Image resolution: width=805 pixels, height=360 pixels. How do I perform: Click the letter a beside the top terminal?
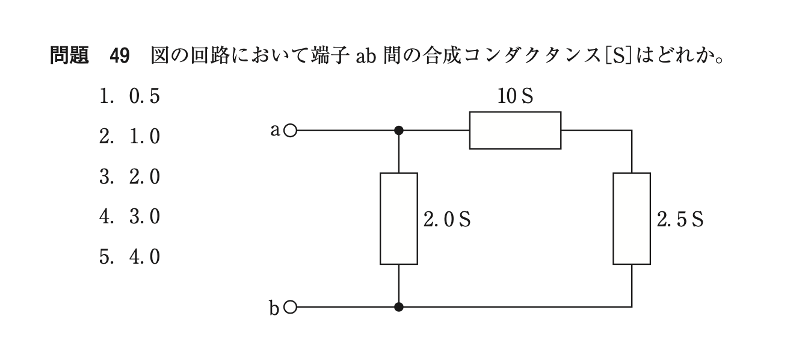[x=275, y=129]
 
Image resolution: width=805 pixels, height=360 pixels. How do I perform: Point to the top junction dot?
[x=398, y=130]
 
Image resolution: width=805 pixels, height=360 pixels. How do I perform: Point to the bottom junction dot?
[x=398, y=308]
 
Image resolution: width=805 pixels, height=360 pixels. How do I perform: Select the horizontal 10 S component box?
[x=515, y=130]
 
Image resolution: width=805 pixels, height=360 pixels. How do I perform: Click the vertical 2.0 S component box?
[x=398, y=219]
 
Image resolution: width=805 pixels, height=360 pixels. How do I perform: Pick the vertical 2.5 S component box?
[x=632, y=219]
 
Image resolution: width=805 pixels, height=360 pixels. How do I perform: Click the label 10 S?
[x=515, y=97]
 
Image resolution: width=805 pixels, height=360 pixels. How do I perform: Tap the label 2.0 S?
[x=446, y=220]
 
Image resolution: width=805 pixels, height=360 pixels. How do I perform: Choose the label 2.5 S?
[x=680, y=220]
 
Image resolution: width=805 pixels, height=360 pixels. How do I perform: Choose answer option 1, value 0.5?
[x=130, y=97]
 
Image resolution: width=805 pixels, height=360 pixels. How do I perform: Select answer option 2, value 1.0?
[x=130, y=137]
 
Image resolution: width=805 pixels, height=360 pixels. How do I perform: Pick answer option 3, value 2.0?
[x=130, y=177]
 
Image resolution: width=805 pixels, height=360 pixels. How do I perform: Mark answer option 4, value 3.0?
[x=130, y=217]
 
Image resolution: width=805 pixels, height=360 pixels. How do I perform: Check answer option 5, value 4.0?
[x=130, y=257]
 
